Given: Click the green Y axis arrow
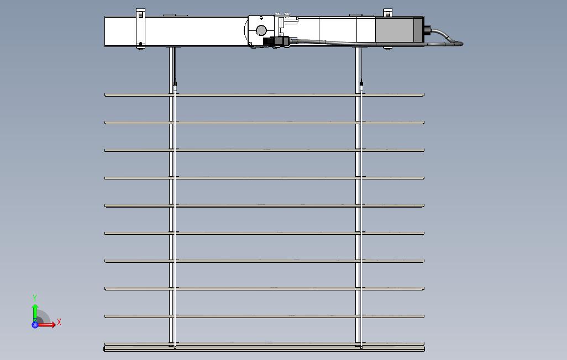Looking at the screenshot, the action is [35, 310].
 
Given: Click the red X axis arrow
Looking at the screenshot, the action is [49, 325].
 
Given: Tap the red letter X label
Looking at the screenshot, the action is [59, 322].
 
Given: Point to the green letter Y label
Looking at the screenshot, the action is [35, 298].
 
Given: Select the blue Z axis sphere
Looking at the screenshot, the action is [35, 325].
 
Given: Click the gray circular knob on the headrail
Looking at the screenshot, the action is [261, 30].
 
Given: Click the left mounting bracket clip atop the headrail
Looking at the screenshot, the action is [140, 13].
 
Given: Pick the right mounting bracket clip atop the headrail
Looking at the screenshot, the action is [387, 12].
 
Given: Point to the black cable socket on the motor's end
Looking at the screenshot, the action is [427, 30].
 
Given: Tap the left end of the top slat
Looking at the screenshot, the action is [107, 95].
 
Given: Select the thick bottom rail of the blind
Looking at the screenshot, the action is [264, 348].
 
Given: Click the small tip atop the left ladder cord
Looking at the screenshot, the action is [175, 86].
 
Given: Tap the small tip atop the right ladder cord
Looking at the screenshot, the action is [362, 86].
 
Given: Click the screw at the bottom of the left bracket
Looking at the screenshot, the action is [141, 45].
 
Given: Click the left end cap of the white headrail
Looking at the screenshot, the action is [106, 32].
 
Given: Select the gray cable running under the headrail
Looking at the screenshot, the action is [332, 41].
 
